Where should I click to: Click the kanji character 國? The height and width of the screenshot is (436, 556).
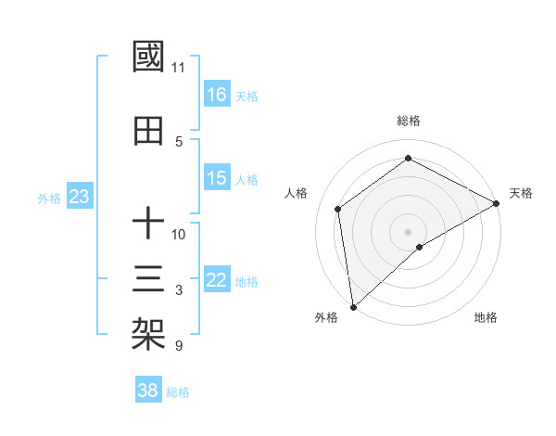pos(149,58)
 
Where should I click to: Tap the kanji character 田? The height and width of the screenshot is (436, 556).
pos(149,132)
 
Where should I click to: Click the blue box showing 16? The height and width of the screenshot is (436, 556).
pos(217,94)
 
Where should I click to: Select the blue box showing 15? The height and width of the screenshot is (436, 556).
pos(217,178)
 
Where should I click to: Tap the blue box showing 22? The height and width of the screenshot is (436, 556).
pos(217,280)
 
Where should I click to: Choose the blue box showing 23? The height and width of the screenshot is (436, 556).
pos(79,197)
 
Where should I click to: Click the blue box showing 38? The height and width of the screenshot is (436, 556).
pos(148,391)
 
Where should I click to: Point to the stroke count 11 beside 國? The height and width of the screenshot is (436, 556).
pos(178,68)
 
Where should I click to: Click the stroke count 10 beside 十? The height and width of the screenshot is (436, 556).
pos(179,234)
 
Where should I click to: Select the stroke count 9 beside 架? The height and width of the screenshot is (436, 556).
pos(178,346)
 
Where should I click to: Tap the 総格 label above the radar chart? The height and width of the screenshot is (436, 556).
pos(409,121)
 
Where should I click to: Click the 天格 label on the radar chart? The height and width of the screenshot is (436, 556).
pos(521,193)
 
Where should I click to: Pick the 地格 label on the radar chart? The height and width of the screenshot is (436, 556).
pos(486,317)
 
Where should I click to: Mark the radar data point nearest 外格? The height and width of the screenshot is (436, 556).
pos(352,306)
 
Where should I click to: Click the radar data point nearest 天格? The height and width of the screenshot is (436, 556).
pos(497,203)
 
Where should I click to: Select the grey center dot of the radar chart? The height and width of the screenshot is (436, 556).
pos(409,231)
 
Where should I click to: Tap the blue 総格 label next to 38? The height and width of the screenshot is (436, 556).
pos(178,392)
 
